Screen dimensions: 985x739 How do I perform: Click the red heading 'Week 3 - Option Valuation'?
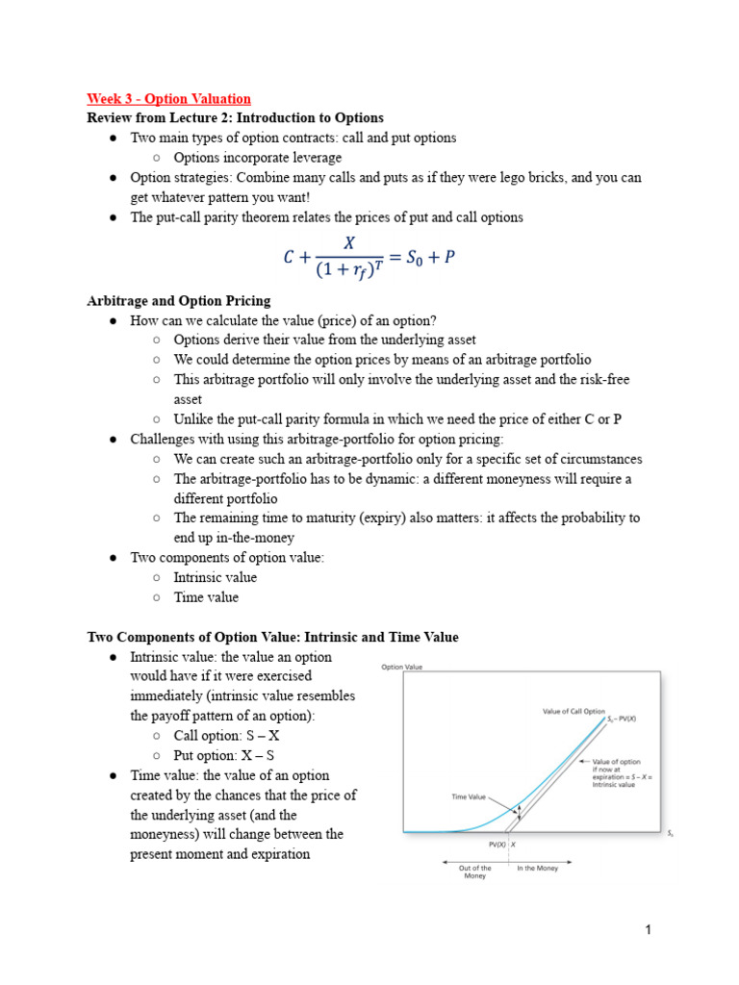pyautogui.click(x=168, y=98)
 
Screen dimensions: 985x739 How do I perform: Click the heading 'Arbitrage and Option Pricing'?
pyautogui.click(x=179, y=301)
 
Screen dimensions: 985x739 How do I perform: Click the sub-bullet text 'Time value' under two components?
pyautogui.click(x=206, y=596)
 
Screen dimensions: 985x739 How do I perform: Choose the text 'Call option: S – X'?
pyautogui.click(x=226, y=736)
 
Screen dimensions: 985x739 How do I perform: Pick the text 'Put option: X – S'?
pyautogui.click(x=225, y=755)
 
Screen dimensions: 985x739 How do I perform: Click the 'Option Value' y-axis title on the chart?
pyautogui.click(x=401, y=666)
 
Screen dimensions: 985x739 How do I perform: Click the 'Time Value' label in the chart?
pyautogui.click(x=469, y=796)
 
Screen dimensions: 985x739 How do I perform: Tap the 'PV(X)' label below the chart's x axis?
pyautogui.click(x=497, y=844)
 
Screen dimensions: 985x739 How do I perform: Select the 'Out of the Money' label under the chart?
pyautogui.click(x=474, y=871)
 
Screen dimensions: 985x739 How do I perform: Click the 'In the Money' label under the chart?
pyautogui.click(x=537, y=868)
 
